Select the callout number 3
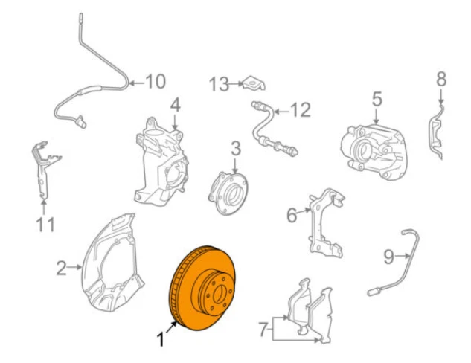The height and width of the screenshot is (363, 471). click(235, 148)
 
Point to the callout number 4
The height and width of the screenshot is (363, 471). click(175, 104)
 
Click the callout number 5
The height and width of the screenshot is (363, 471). click(376, 98)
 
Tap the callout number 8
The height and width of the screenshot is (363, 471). click(440, 78)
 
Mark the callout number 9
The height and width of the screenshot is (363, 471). click(388, 257)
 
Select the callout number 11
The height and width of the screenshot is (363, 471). click(45, 223)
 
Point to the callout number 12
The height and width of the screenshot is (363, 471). click(298, 111)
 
